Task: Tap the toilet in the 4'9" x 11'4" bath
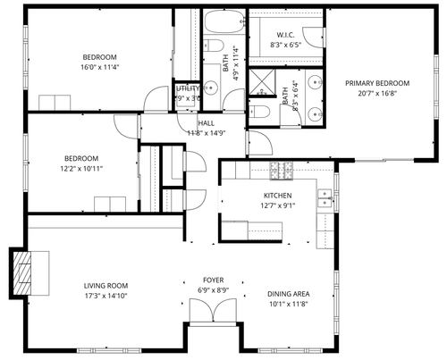(214, 46)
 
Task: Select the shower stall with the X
(262, 81)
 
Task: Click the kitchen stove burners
(283, 169)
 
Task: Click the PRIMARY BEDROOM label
(376, 83)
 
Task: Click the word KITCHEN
(277, 196)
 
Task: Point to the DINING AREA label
(288, 294)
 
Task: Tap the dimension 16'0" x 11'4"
(101, 66)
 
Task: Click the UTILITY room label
(188, 88)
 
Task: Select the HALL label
(206, 123)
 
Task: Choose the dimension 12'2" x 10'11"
(82, 167)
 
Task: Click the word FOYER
(214, 280)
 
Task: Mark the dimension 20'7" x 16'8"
(376, 93)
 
